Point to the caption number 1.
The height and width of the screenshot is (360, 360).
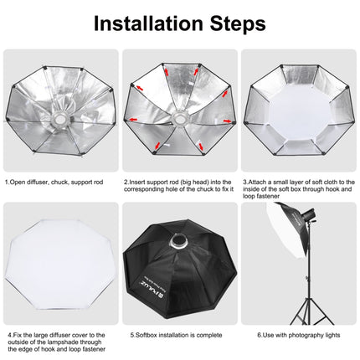[x=6, y=180]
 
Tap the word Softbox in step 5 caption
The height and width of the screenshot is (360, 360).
[x=143, y=335]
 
